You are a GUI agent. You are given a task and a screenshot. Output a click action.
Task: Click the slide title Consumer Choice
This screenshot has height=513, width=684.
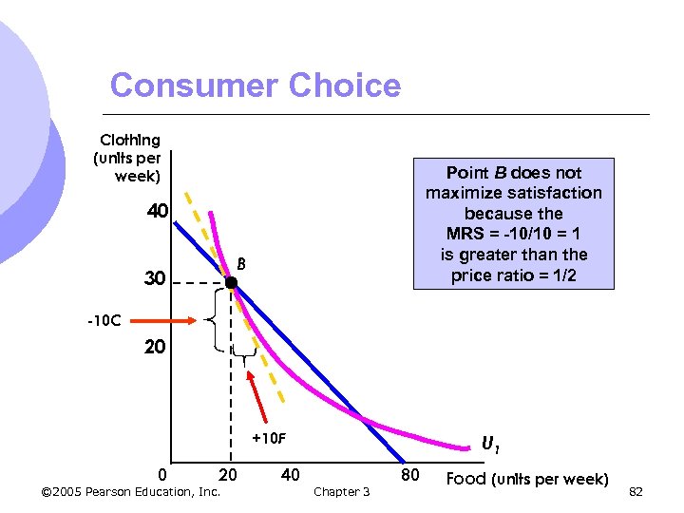pos(256,85)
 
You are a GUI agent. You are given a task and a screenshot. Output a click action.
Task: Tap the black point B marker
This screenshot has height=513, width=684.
pos(231,282)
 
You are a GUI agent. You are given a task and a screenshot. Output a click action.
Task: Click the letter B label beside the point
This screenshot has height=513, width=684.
pos(242,264)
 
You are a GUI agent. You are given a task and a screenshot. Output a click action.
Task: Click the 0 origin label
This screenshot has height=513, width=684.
pos(162,474)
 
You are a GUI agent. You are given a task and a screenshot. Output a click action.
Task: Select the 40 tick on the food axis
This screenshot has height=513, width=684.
pos(291,474)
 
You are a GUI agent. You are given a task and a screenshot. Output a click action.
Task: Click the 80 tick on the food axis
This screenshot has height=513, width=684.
pos(409,474)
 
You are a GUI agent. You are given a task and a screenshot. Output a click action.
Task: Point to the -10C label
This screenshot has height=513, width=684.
pos(104,320)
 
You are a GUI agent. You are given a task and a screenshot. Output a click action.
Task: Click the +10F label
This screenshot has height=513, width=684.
pos(269,439)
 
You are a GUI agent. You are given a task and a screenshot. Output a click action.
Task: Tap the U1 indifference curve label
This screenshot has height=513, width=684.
pos(491,444)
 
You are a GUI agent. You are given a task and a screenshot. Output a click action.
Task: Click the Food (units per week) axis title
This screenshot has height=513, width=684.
pos(527,478)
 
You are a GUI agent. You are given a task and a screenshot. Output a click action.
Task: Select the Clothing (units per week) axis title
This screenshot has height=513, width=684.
pos(127,158)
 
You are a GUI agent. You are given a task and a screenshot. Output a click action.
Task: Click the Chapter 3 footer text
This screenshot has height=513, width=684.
pos(341,491)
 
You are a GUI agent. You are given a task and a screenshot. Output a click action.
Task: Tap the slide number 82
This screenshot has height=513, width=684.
pos(636,491)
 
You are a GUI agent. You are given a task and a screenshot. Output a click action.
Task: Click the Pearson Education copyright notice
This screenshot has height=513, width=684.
pos(132,491)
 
